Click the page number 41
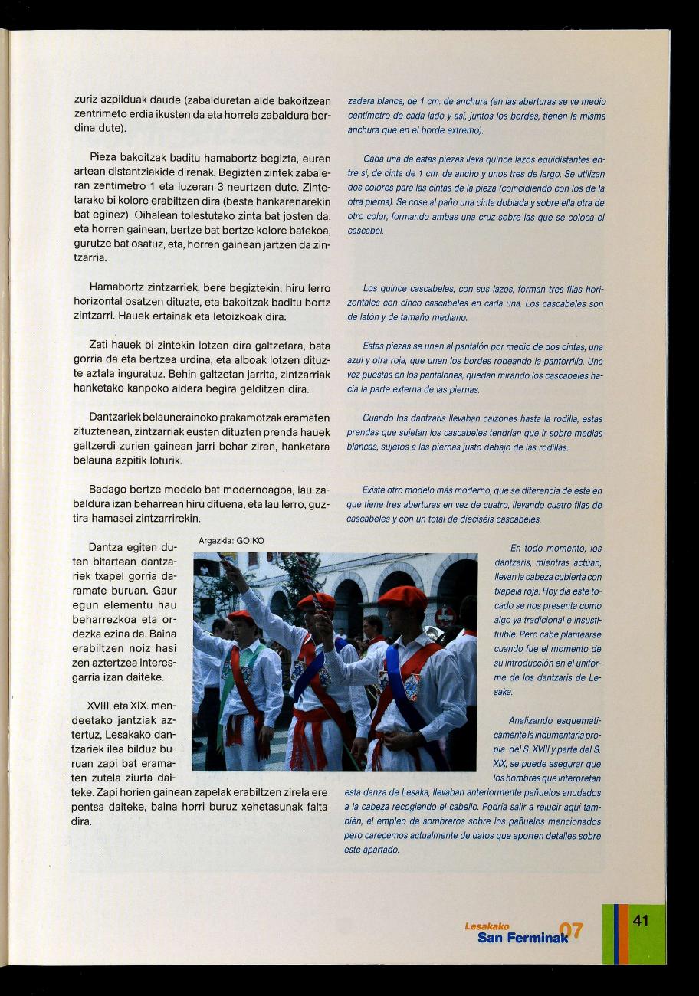641,920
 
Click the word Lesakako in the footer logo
487,926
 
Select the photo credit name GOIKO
250,540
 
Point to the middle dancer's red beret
317,600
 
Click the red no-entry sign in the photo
445,616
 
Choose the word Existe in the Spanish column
376,490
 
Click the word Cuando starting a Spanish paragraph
378,418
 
